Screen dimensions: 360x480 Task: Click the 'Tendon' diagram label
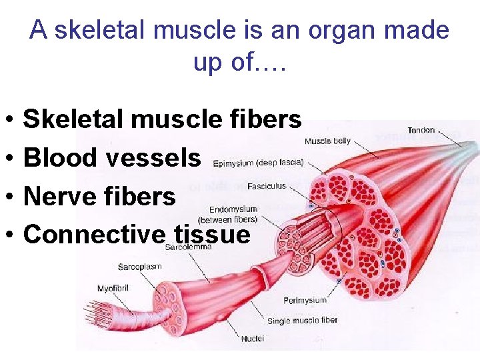click(x=421, y=130)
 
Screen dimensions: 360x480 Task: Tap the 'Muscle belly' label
click(x=327, y=141)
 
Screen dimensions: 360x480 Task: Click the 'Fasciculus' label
click(x=267, y=185)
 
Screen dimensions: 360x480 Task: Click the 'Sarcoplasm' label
click(x=140, y=267)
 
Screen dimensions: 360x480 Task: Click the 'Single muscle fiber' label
click(x=303, y=321)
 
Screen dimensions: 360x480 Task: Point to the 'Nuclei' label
click(x=253, y=339)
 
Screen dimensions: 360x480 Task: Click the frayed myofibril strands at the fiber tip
click(x=97, y=311)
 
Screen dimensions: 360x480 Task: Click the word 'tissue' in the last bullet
click(x=211, y=234)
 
